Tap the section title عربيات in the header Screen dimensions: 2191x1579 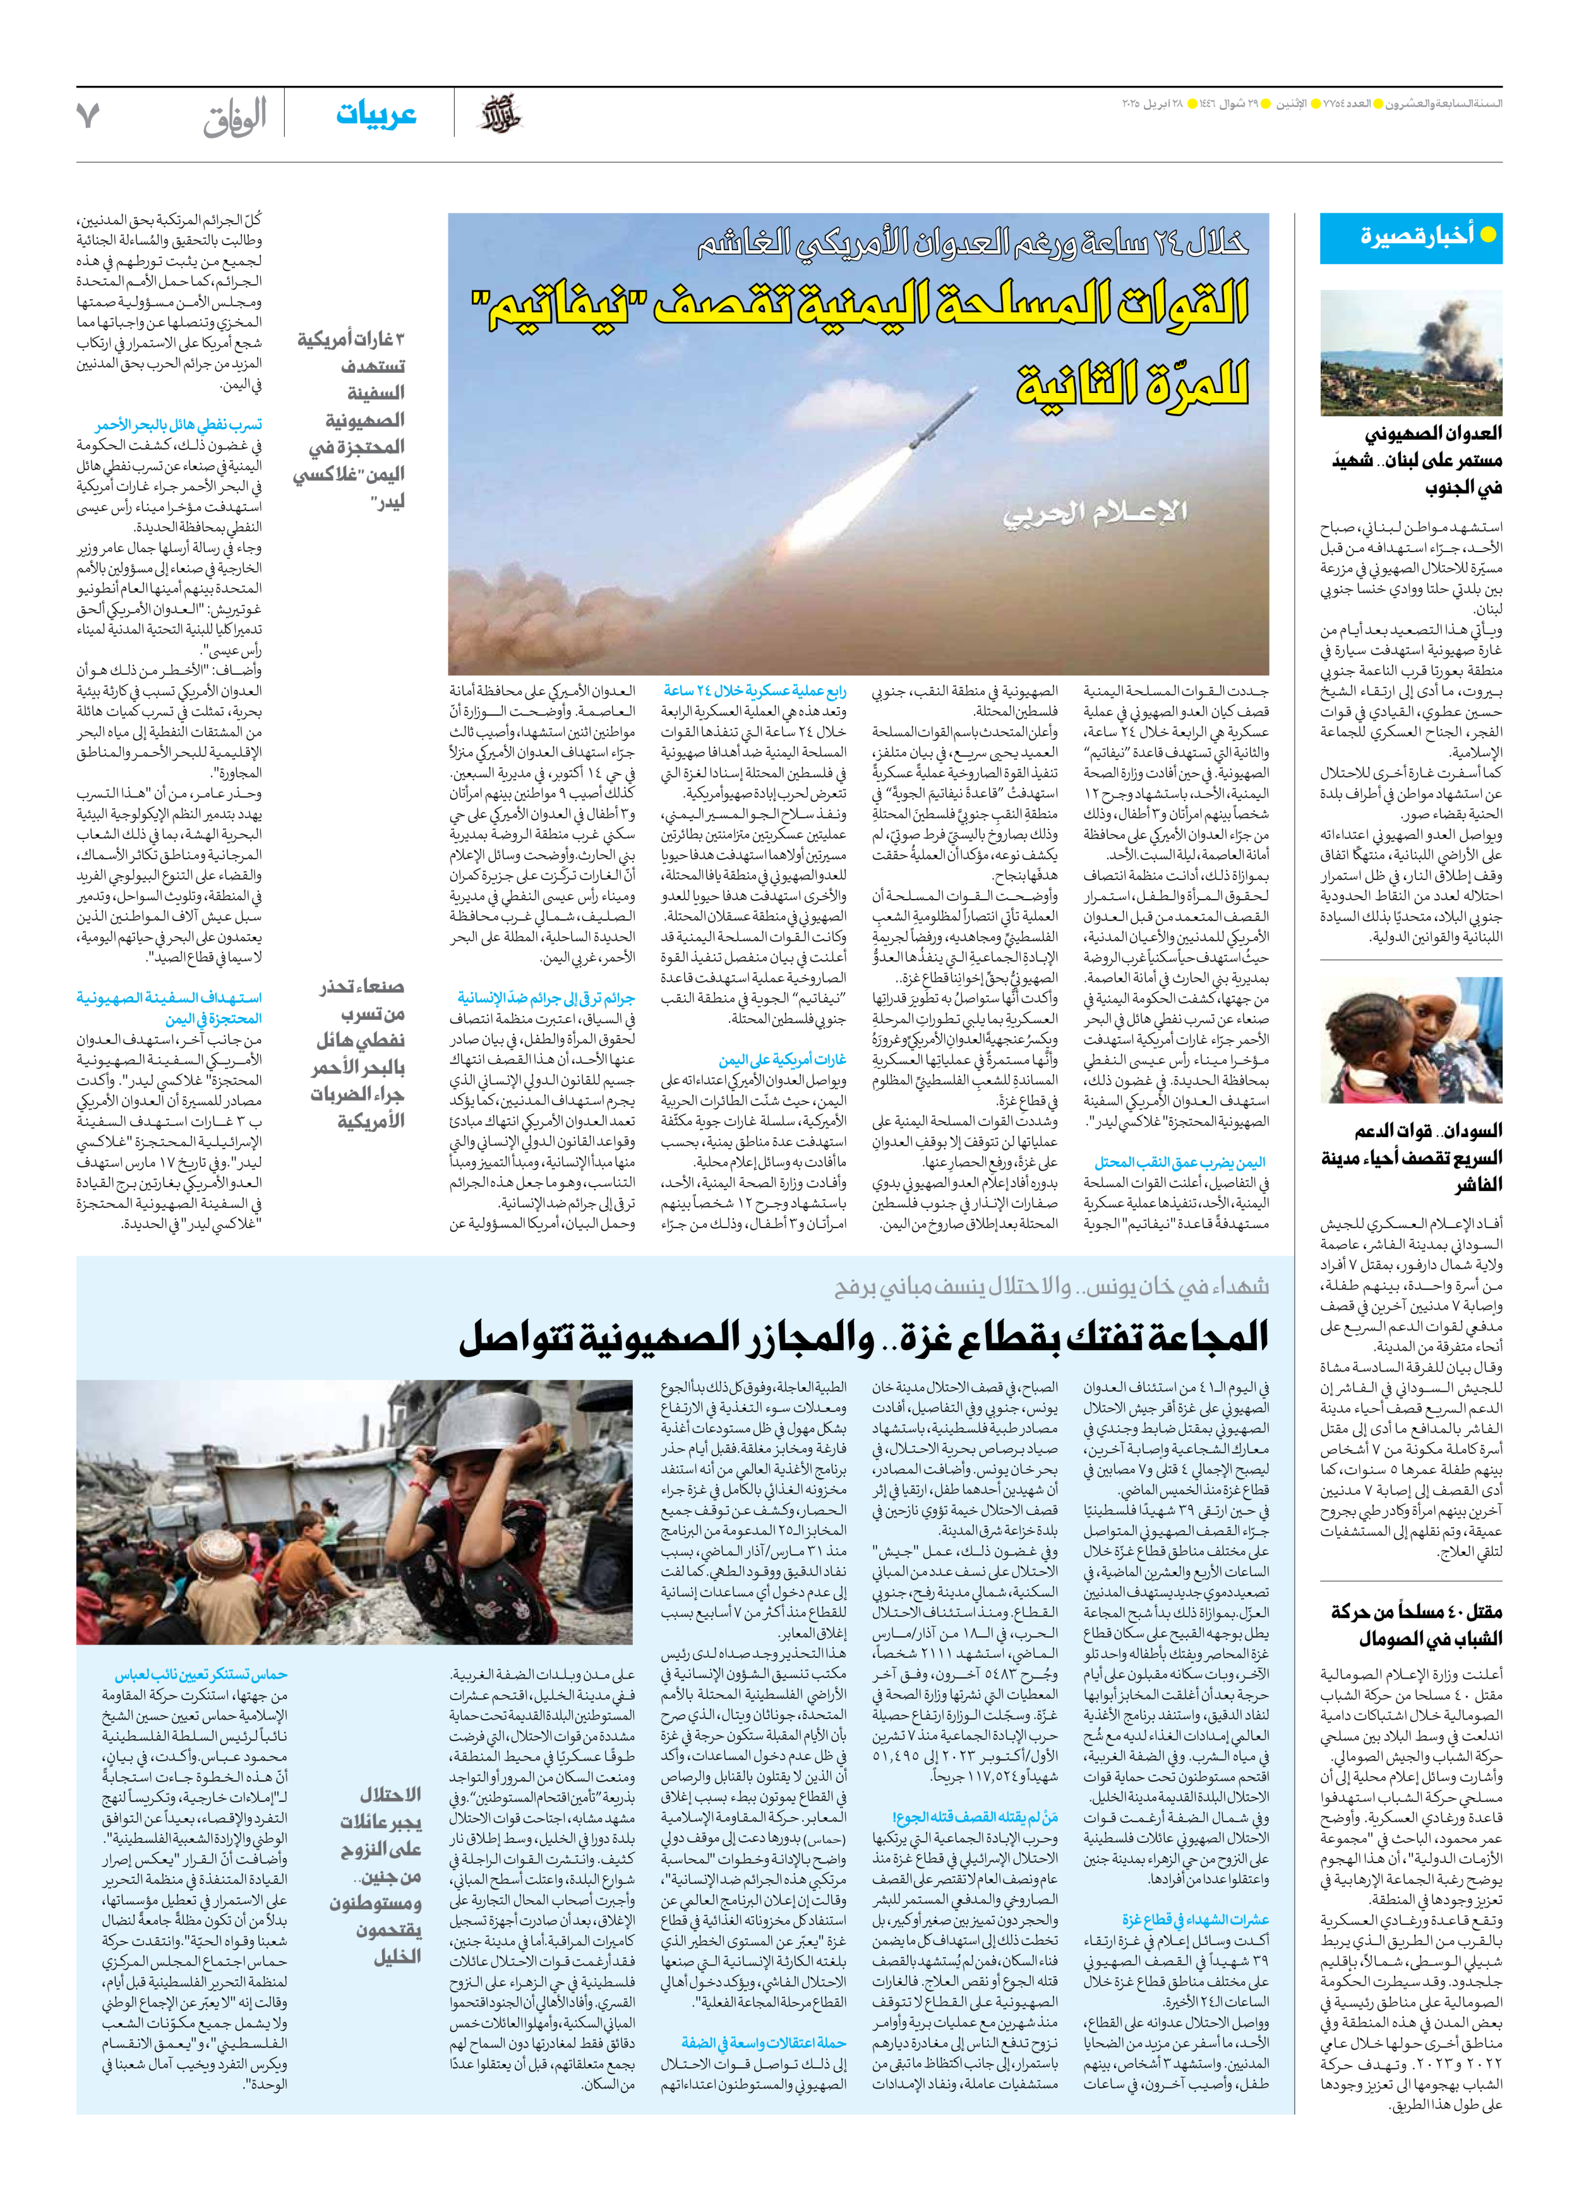pos(376,115)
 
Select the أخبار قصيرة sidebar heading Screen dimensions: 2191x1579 pos(1416,235)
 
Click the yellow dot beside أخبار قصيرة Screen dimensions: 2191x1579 pos(1488,235)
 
